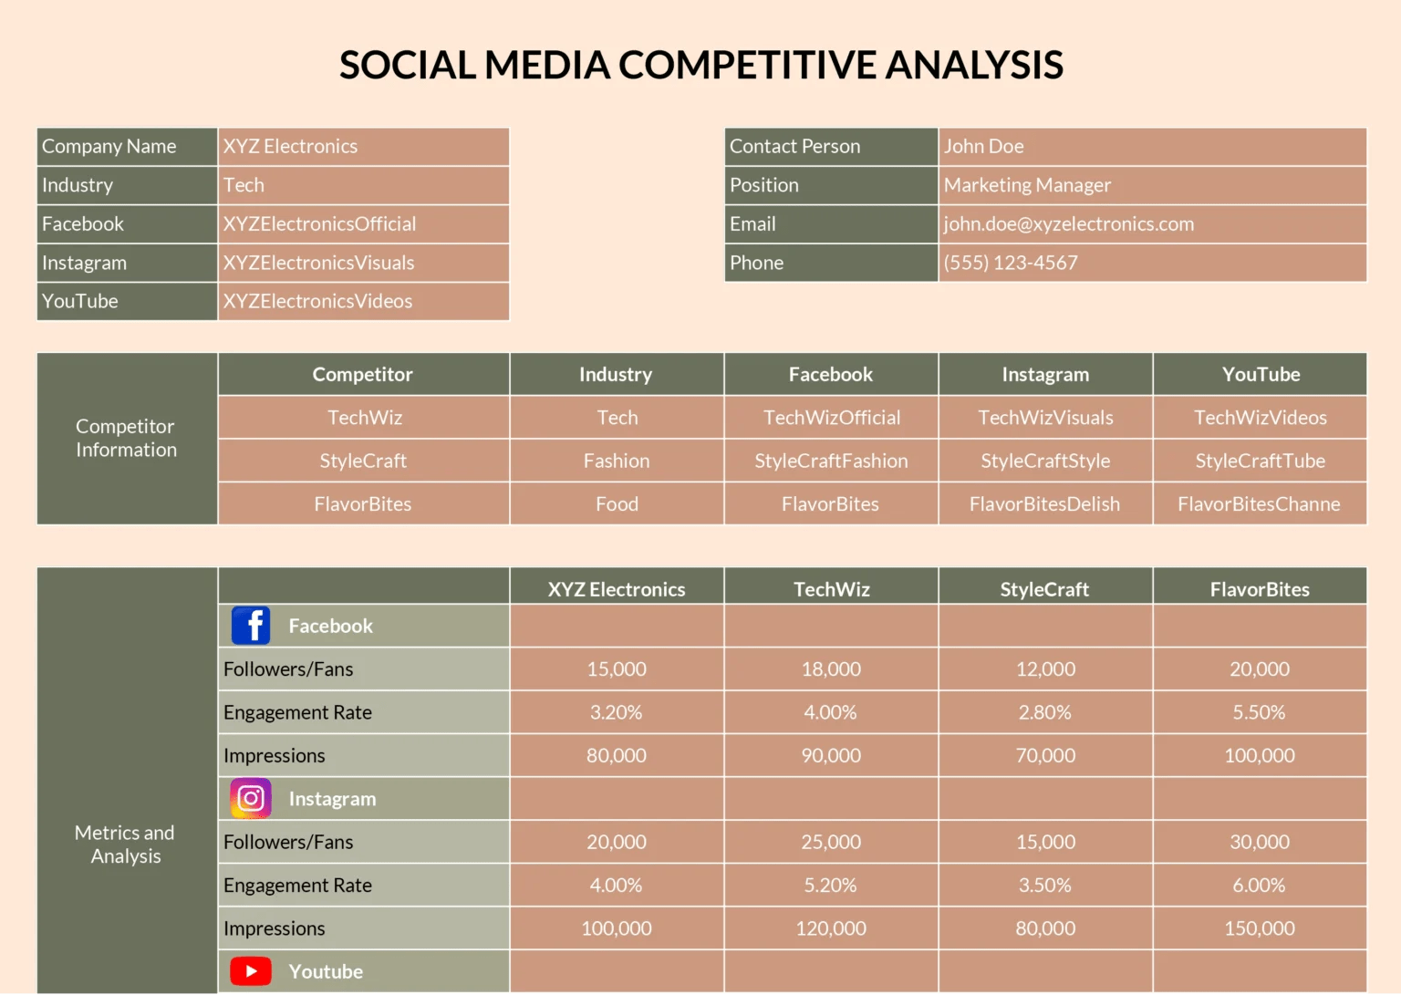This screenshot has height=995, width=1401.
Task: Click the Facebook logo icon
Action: pos(251,626)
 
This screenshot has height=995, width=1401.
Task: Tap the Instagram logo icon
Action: pos(251,798)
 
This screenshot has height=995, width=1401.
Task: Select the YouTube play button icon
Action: pos(251,971)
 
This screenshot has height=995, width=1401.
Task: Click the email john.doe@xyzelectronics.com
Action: pos(1068,224)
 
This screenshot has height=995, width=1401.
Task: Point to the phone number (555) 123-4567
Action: pos(1011,263)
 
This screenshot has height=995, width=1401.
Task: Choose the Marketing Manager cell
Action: pos(1027,185)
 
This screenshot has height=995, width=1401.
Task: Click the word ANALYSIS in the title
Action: pos(974,65)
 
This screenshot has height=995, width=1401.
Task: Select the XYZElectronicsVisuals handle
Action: pos(318,263)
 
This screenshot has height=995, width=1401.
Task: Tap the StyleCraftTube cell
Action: pos(1260,461)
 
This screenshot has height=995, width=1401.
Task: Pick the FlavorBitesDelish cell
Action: pos(1044,504)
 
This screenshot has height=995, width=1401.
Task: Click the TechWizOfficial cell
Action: pos(831,418)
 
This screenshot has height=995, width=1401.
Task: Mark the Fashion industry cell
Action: pos(617,461)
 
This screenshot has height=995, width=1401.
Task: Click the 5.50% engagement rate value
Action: pos(1259,712)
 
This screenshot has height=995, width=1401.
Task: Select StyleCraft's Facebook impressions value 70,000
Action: pos(1045,755)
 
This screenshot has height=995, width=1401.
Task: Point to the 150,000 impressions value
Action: pos(1259,928)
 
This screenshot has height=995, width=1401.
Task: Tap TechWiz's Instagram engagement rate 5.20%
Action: pos(830,885)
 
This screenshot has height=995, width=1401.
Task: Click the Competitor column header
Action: pos(362,374)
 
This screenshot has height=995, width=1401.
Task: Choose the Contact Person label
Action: pos(794,146)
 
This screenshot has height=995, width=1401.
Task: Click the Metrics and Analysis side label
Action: pos(125,844)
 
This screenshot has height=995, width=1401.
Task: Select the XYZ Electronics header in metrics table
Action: pos(617,589)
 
